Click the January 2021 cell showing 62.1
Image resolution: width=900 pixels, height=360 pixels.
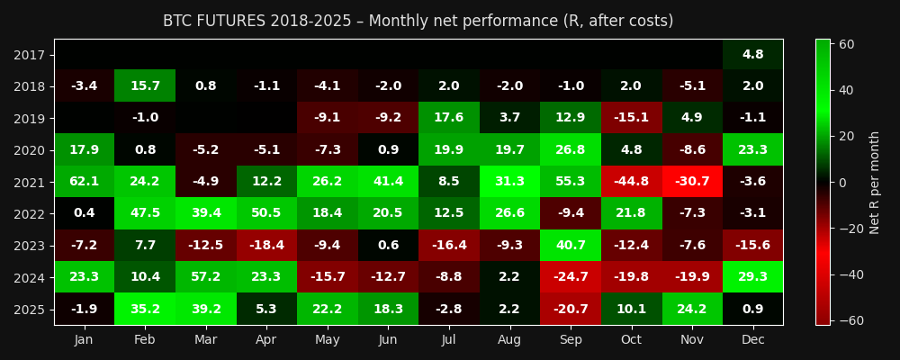point(84,182)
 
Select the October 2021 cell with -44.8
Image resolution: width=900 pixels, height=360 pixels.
point(631,182)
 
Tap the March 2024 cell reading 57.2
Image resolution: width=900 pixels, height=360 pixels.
point(205,277)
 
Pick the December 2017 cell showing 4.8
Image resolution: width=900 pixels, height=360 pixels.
point(752,55)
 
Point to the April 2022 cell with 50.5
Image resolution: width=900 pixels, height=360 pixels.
point(266,213)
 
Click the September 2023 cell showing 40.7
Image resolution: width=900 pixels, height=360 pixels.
point(571,245)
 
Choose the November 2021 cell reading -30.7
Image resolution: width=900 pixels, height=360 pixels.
point(692,182)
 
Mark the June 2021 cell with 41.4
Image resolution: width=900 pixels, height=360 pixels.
point(388,182)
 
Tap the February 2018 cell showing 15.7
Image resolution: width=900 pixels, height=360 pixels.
point(145,86)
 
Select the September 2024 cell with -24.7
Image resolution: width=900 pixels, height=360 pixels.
point(571,277)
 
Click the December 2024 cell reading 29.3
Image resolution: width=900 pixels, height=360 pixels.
point(752,277)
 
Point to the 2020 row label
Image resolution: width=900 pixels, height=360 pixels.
point(30,150)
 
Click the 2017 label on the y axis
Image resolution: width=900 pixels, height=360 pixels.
point(30,55)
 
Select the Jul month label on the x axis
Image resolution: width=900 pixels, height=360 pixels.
point(449,338)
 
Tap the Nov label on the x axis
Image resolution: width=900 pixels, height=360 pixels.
point(692,338)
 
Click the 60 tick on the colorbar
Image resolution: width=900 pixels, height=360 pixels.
point(847,44)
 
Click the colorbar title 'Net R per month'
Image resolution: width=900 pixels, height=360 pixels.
point(875,182)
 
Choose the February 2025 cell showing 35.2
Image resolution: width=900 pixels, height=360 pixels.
point(145,309)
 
